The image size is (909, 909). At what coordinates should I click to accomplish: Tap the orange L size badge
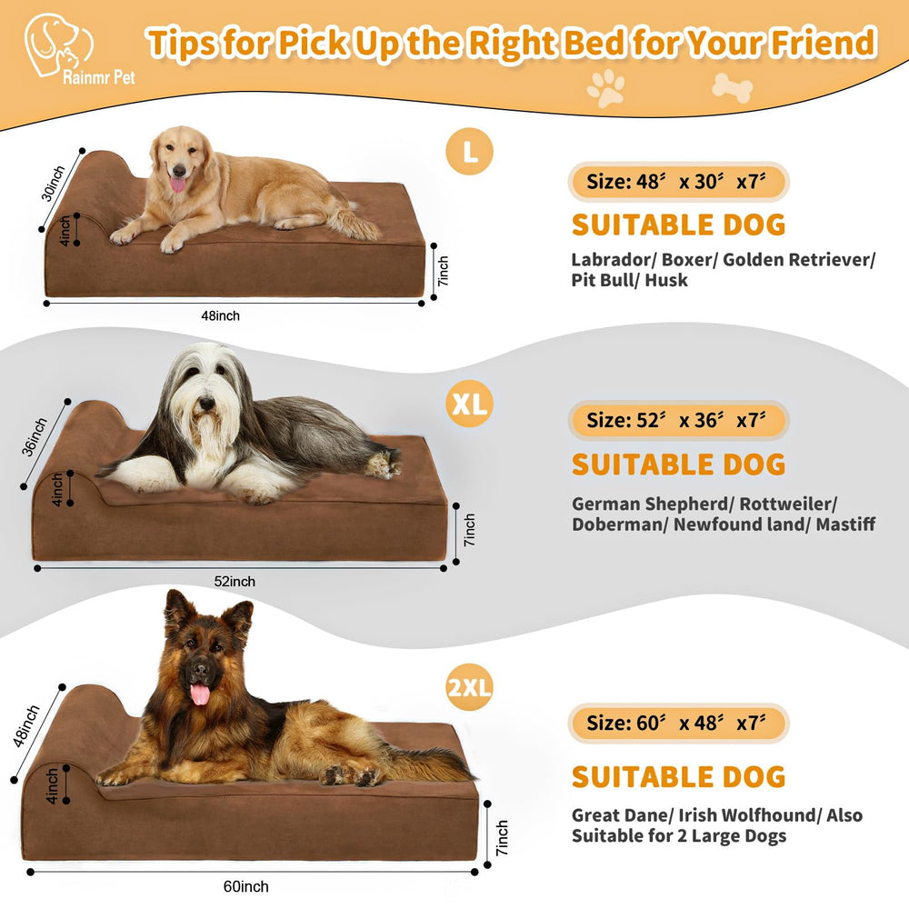click(x=469, y=152)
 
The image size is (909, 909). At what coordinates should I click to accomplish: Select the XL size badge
click(x=469, y=405)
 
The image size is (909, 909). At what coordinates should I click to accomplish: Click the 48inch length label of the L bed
click(x=220, y=316)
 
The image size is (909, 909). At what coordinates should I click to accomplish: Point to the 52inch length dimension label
click(x=235, y=581)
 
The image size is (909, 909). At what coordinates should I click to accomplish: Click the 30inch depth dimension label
click(x=54, y=189)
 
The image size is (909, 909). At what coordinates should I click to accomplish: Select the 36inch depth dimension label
click(x=37, y=437)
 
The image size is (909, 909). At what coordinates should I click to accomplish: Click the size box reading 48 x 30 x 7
click(x=678, y=181)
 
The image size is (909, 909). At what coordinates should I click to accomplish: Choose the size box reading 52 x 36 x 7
click(x=678, y=420)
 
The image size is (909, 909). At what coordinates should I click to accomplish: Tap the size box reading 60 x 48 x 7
click(x=678, y=724)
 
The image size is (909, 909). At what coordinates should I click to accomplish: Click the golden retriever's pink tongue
click(x=177, y=185)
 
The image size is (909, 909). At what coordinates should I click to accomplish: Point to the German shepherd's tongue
click(x=199, y=694)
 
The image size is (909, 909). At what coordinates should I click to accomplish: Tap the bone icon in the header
click(x=732, y=86)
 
